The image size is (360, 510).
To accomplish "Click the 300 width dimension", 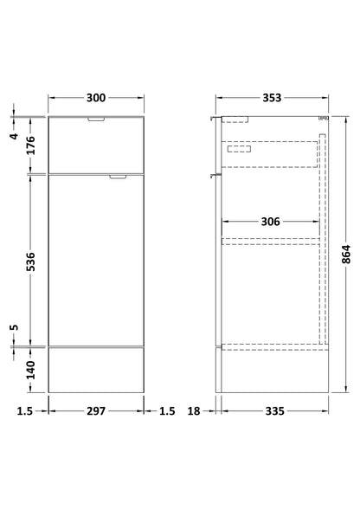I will point(96,98).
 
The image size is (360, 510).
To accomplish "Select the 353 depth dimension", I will point(271,98).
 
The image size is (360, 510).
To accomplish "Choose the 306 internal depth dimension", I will point(271,222).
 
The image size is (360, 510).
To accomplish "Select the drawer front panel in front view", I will point(96,143).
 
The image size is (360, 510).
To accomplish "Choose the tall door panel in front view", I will point(96,260).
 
